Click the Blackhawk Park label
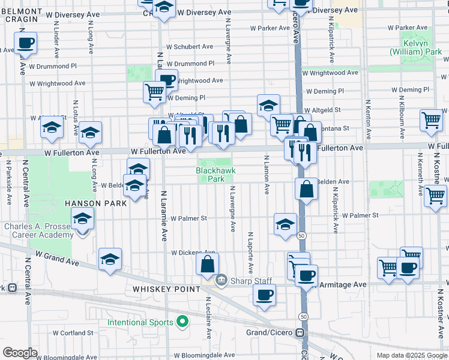[214, 175]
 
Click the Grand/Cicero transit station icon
[302, 332]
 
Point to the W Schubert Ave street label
[190, 47]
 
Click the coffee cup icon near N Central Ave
[25, 44]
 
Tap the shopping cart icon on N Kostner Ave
[435, 197]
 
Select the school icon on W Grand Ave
[110, 259]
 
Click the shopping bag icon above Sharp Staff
[207, 264]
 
